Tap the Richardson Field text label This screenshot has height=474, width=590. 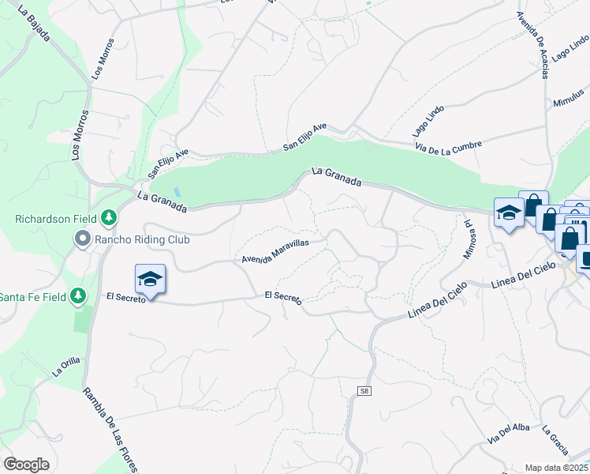click(x=55, y=218)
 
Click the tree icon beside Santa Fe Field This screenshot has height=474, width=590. click(x=77, y=296)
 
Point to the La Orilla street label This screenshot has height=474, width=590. click(x=66, y=366)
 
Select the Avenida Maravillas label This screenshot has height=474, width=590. click(x=274, y=251)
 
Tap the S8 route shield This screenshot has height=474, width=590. click(x=364, y=391)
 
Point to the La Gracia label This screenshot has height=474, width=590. click(x=556, y=440)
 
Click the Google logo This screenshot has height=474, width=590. click(x=26, y=465)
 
